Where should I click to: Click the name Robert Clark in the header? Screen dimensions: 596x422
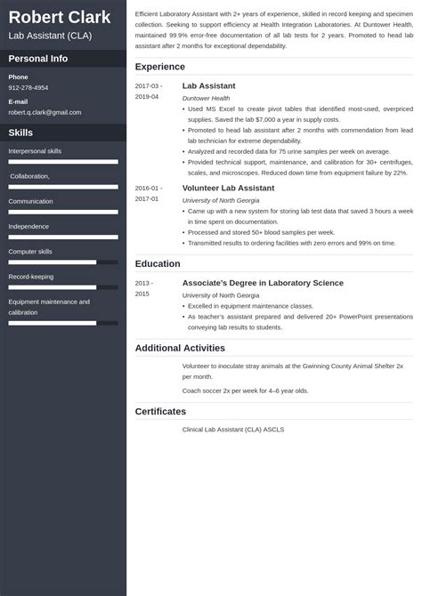click(x=60, y=17)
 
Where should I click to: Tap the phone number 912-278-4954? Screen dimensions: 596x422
click(x=28, y=88)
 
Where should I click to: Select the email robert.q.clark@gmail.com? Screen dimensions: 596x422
click(x=45, y=112)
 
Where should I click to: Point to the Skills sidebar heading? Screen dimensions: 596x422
click(x=21, y=132)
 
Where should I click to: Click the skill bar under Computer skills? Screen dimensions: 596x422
click(x=63, y=262)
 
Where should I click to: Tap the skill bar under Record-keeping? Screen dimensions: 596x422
click(x=63, y=286)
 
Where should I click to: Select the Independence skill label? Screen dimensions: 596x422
click(x=28, y=227)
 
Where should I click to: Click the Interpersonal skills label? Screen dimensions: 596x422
click(x=35, y=151)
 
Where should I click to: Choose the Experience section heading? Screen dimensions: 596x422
click(x=160, y=67)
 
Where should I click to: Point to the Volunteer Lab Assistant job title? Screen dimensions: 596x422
click(x=227, y=189)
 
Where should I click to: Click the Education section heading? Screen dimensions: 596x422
click(x=158, y=263)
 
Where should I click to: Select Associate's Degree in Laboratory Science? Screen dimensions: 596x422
click(x=263, y=283)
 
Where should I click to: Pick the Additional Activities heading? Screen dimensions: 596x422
click(x=182, y=347)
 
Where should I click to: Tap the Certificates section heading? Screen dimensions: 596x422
click(x=160, y=411)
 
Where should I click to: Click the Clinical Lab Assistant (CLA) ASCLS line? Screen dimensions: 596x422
click(x=233, y=430)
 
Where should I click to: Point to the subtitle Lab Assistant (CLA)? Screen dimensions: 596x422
click(x=48, y=36)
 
